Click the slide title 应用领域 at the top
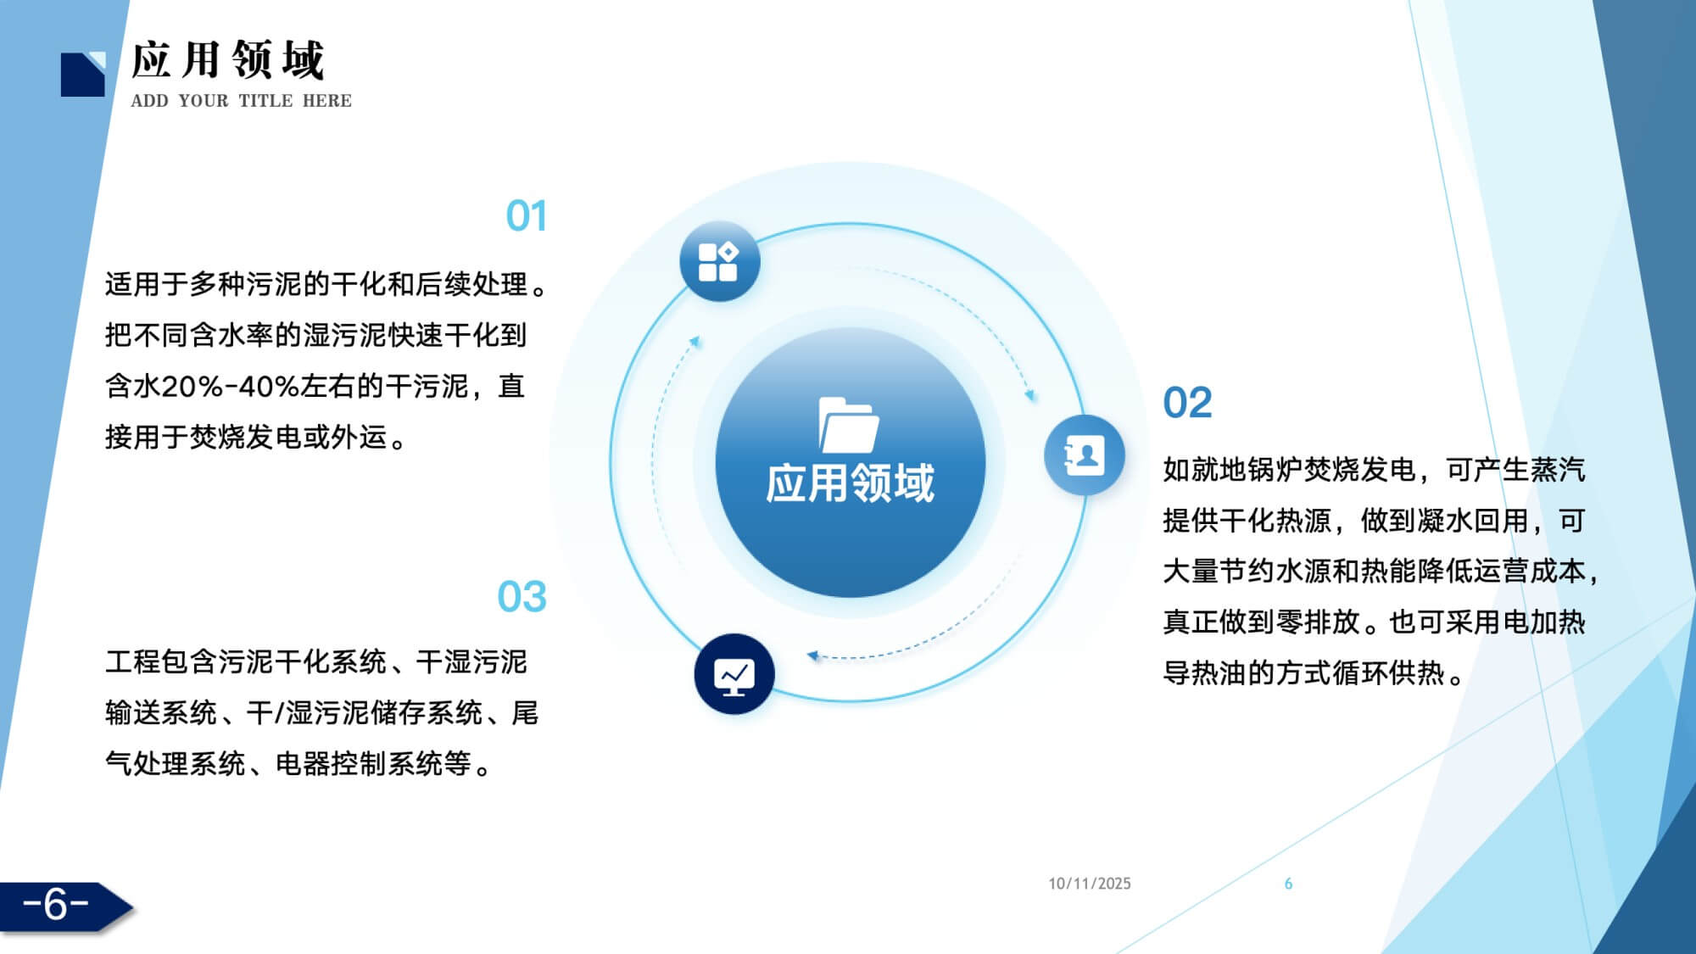[228, 60]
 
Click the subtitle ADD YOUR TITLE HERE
[241, 101]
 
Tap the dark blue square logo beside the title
[83, 75]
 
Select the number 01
[526, 216]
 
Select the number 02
[1187, 403]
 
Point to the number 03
[522, 597]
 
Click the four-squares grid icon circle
[719, 261]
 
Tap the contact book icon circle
[1084, 455]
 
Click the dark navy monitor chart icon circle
[734, 674]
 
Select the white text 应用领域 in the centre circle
[850, 483]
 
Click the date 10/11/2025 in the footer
[1090, 884]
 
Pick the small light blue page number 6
[1288, 884]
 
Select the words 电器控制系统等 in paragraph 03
[373, 764]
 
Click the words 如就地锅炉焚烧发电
[1290, 470]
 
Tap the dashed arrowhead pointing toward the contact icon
[1030, 395]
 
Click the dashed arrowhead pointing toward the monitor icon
[812, 656]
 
